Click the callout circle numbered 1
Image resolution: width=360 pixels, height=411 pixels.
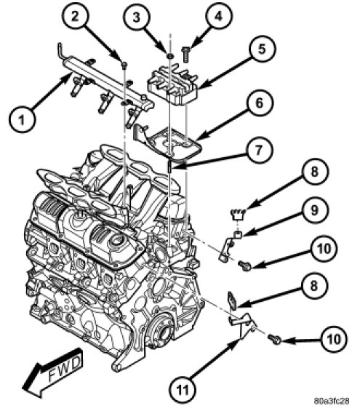pos(22,119)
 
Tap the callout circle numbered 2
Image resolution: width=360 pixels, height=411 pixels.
pos(75,17)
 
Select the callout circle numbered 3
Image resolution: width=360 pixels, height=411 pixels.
pos(137,17)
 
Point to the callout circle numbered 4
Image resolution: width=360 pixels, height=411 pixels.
pos(218,16)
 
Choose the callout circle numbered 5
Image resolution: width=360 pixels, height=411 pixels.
pos(263,49)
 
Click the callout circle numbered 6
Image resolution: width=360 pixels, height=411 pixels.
pos(260,103)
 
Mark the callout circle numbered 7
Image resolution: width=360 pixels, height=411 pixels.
pos(259,150)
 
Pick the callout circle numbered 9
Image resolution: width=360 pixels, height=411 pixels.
pos(314,210)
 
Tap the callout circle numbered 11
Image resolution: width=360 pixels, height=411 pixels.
pos(183,390)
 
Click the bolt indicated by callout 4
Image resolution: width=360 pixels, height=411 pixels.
pos(185,55)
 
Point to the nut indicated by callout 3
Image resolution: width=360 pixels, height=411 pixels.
pos(170,55)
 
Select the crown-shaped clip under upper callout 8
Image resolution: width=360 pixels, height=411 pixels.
pos(238,215)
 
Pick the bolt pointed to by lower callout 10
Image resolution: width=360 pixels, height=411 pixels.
pos(275,340)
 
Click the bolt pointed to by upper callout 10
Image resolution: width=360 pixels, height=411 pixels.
pos(245,266)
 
